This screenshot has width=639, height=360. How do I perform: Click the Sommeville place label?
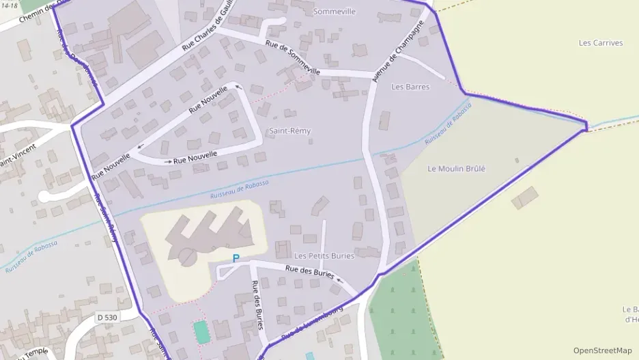tap(334, 12)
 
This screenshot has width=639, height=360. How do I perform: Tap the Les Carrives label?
tap(601, 43)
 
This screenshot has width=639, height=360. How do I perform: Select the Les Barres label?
tap(410, 87)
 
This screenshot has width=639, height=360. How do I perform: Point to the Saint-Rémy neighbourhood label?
tap(289, 130)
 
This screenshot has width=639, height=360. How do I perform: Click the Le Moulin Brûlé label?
tap(456, 169)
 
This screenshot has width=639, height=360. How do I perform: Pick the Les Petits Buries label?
tap(324, 255)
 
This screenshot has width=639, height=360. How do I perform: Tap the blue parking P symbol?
tap(236, 258)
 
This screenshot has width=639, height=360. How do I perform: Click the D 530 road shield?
tap(107, 317)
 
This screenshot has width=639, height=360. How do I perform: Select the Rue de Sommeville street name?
tap(292, 60)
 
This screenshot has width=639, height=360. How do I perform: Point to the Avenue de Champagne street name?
tap(398, 51)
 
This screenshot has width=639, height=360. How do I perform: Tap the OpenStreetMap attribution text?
tap(602, 350)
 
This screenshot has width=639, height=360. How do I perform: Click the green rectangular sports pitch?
tap(201, 332)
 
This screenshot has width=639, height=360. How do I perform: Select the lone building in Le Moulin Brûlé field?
tap(524, 198)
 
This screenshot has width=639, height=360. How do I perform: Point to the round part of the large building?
tap(186, 257)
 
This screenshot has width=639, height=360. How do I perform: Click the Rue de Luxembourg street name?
tap(311, 323)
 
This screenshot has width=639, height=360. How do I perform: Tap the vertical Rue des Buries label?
tap(257, 305)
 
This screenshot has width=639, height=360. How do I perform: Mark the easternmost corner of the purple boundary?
tap(586, 126)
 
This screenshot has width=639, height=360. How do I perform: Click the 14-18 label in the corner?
tap(9, 4)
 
